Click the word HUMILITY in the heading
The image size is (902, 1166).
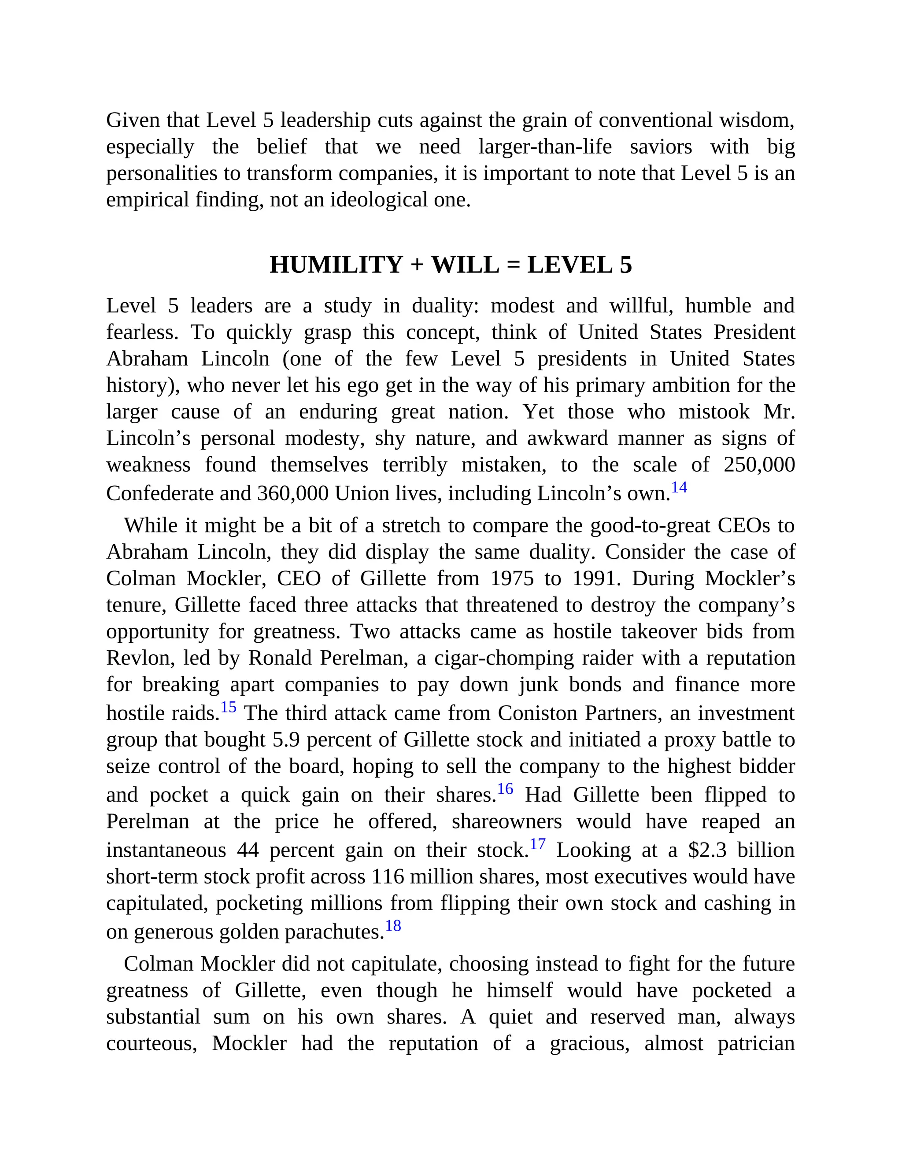tap(336, 265)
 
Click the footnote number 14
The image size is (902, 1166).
tap(679, 488)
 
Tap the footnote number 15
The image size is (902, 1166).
tap(228, 708)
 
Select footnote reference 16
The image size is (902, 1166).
tap(505, 789)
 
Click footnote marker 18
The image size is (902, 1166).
tap(393, 926)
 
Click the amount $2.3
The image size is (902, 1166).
tap(707, 851)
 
